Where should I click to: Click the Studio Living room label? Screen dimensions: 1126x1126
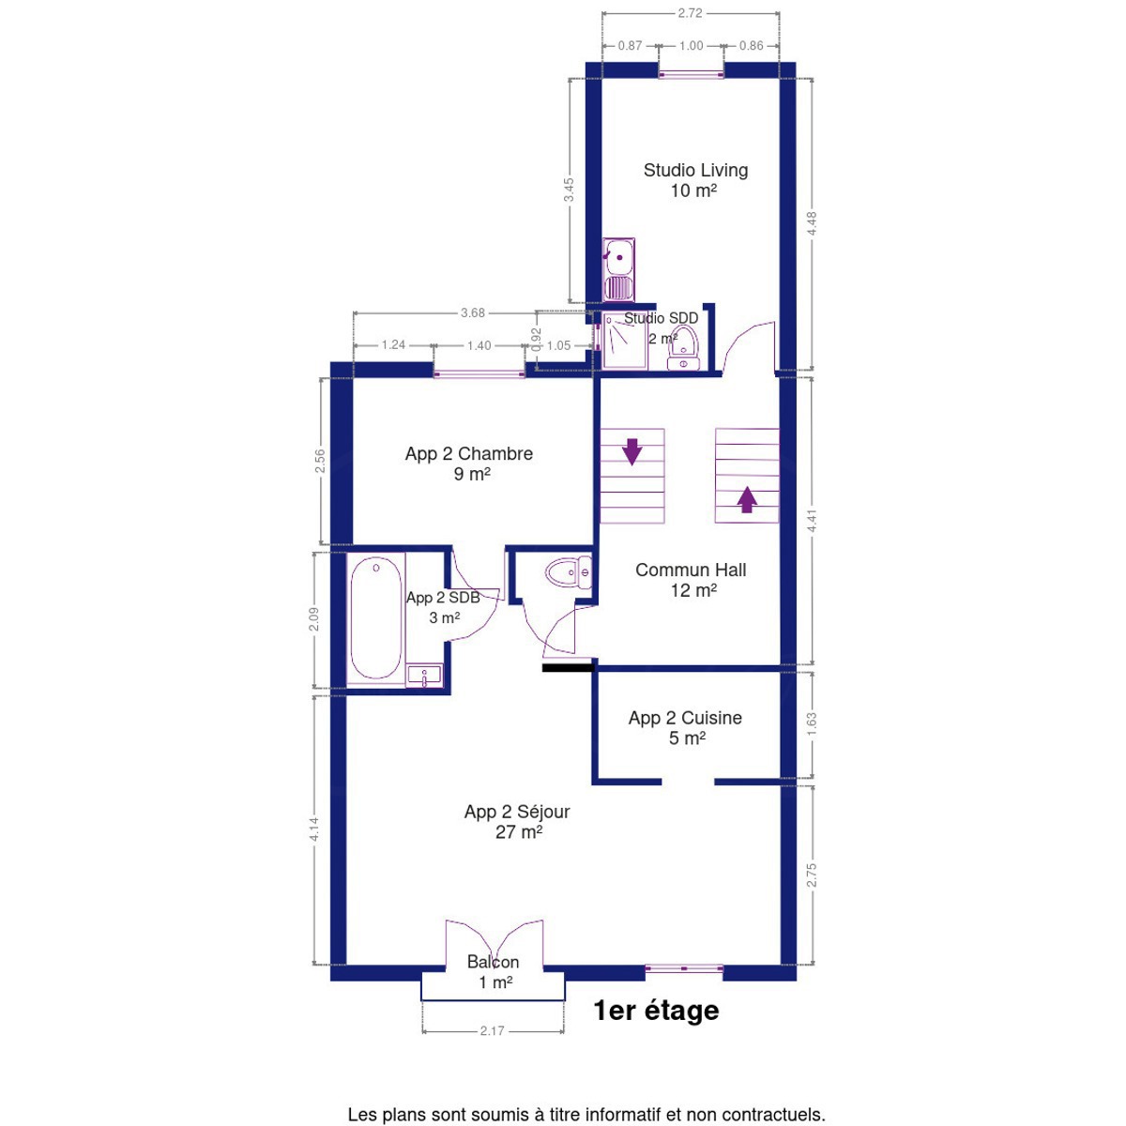coord(694,180)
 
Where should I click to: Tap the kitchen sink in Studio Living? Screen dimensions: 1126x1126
coord(618,269)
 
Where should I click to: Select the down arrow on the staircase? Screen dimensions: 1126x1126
coord(631,451)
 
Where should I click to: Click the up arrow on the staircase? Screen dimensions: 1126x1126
coord(747,499)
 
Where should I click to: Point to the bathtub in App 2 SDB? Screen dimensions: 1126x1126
coord(375,618)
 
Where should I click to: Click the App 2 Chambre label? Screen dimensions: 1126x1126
coord(468,464)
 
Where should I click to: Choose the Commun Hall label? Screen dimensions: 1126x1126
coord(691,580)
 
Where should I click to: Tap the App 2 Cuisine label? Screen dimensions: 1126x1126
coord(685,727)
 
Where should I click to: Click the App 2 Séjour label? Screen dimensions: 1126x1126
coord(517,821)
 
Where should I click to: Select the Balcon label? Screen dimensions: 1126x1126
coord(494,972)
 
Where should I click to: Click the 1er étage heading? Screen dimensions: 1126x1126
coord(656,1011)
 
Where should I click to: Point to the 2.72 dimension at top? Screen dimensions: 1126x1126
coord(690,13)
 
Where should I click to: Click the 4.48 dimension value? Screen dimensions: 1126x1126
coord(812,224)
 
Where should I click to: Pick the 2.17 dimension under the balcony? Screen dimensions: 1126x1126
coord(492,1031)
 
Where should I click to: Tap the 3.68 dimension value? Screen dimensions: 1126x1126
coord(473,312)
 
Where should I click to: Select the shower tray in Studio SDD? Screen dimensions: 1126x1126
coord(625,340)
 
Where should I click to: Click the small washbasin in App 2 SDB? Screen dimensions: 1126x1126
coord(425,676)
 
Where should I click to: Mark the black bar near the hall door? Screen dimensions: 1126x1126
coord(568,668)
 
